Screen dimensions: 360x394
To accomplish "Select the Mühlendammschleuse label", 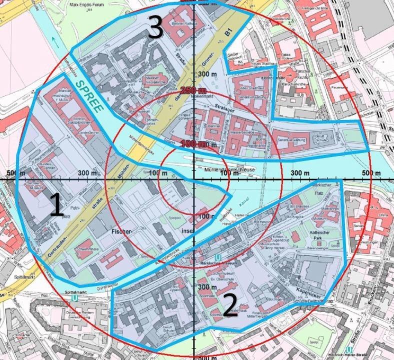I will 230,170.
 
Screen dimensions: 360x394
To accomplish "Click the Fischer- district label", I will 122,232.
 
